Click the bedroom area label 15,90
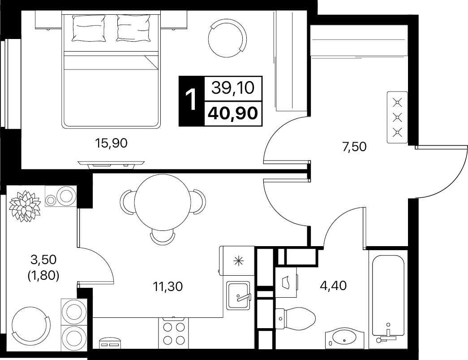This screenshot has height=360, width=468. (x=111, y=143)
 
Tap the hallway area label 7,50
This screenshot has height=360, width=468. (x=355, y=147)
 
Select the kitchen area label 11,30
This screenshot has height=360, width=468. (x=168, y=286)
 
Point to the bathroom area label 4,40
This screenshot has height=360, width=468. (x=333, y=285)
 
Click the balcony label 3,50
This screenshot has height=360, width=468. (x=43, y=260)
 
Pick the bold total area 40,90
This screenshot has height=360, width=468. (x=233, y=113)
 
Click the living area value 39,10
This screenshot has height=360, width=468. (x=233, y=88)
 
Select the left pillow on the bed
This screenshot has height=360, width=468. (x=89, y=28)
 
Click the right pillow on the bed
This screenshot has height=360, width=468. (x=134, y=28)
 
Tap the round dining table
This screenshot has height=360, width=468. (x=163, y=202)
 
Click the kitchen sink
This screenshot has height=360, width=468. (x=238, y=295)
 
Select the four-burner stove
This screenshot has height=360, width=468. (x=173, y=333)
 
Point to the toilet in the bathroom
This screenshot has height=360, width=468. (x=295, y=318)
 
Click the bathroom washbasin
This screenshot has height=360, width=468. (x=344, y=339)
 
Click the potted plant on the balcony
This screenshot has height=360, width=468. (x=25, y=206)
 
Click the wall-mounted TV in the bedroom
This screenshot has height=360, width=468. (x=111, y=164)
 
